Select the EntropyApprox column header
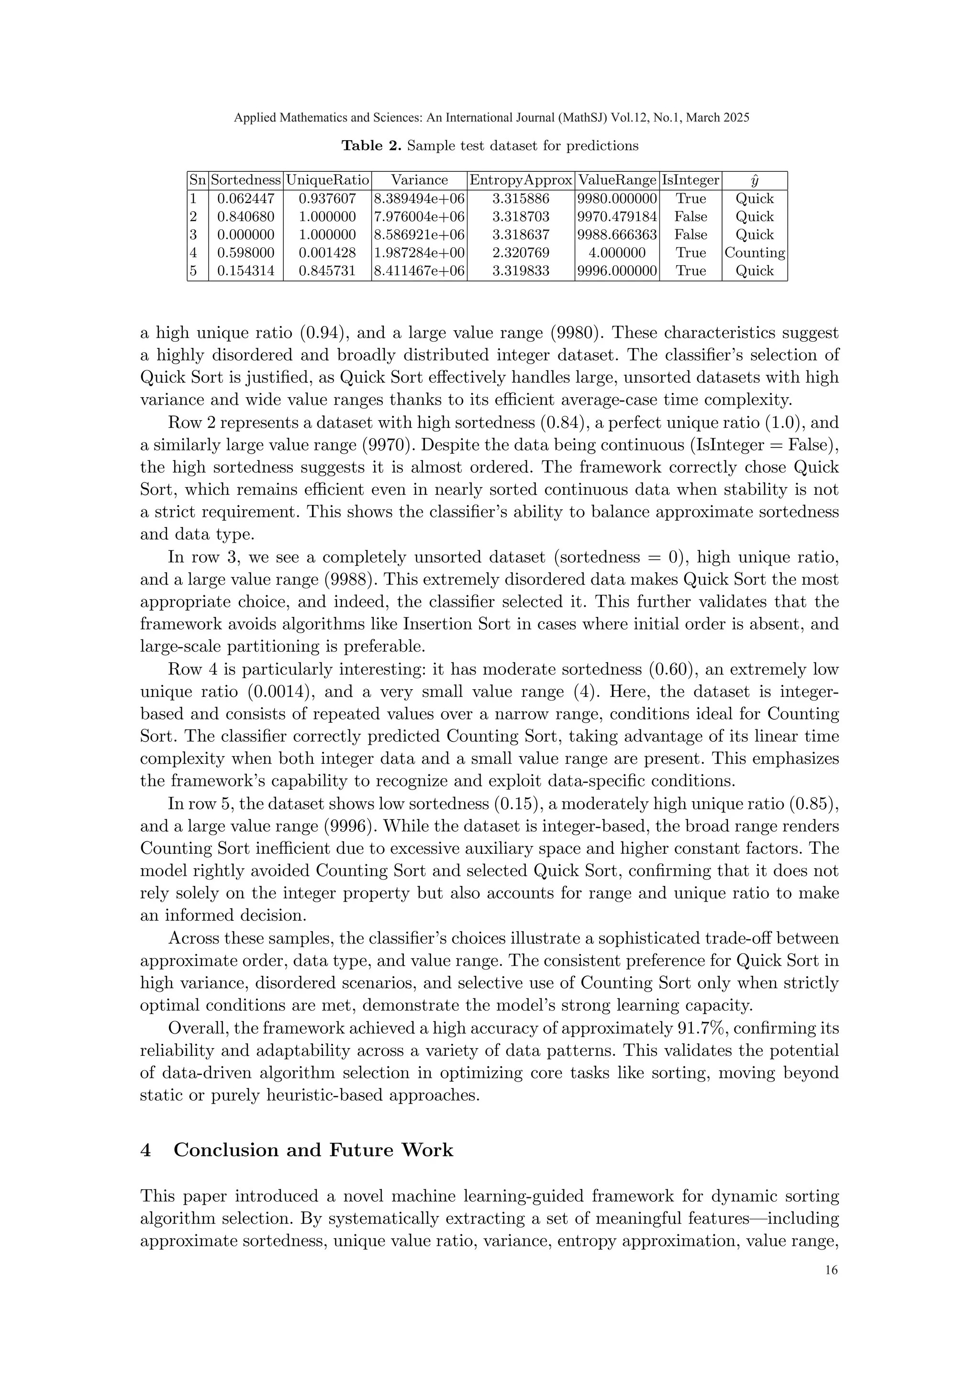(x=521, y=180)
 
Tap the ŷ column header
(x=754, y=180)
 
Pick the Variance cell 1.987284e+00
(x=419, y=253)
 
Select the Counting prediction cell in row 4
(x=754, y=253)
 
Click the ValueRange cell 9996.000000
(x=617, y=271)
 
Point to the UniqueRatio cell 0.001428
(x=327, y=253)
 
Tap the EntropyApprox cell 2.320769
(x=521, y=253)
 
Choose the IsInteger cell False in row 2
(x=690, y=217)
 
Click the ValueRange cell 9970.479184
(x=617, y=217)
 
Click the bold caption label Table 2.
(x=370, y=146)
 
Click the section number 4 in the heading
(x=145, y=1151)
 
